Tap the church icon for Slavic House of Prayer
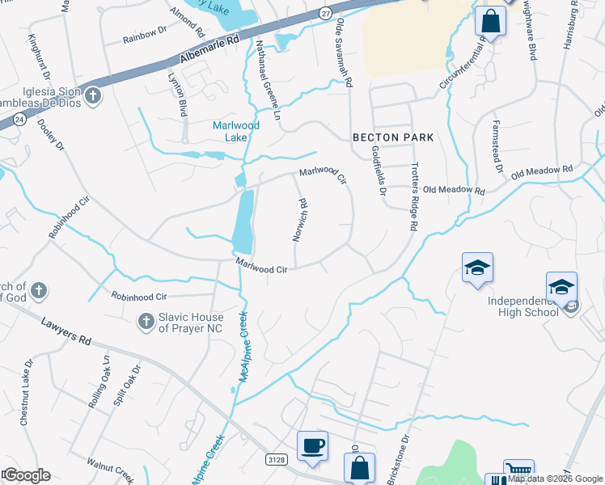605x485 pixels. pos(146,321)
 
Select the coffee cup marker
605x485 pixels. pos(312,446)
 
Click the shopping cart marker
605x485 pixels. pos(518,472)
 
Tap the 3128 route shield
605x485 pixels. pos(276,459)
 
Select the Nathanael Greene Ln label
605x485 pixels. pos(266,79)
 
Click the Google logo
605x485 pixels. pos(27,475)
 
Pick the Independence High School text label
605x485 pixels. pos(522,306)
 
